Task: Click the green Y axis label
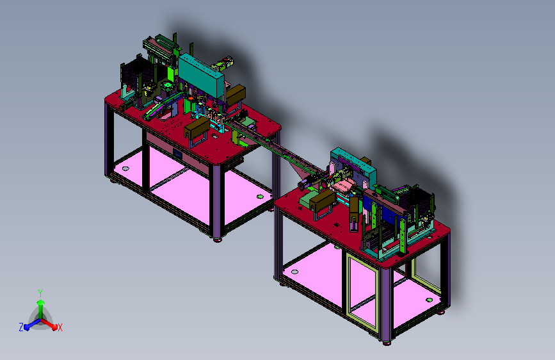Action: click(x=40, y=293)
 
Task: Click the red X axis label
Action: click(x=60, y=328)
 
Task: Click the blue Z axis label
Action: click(x=21, y=327)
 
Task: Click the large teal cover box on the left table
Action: click(x=201, y=76)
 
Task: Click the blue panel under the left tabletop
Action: click(x=177, y=154)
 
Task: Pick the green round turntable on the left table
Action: click(x=167, y=86)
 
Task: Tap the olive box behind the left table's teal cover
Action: click(x=236, y=95)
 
